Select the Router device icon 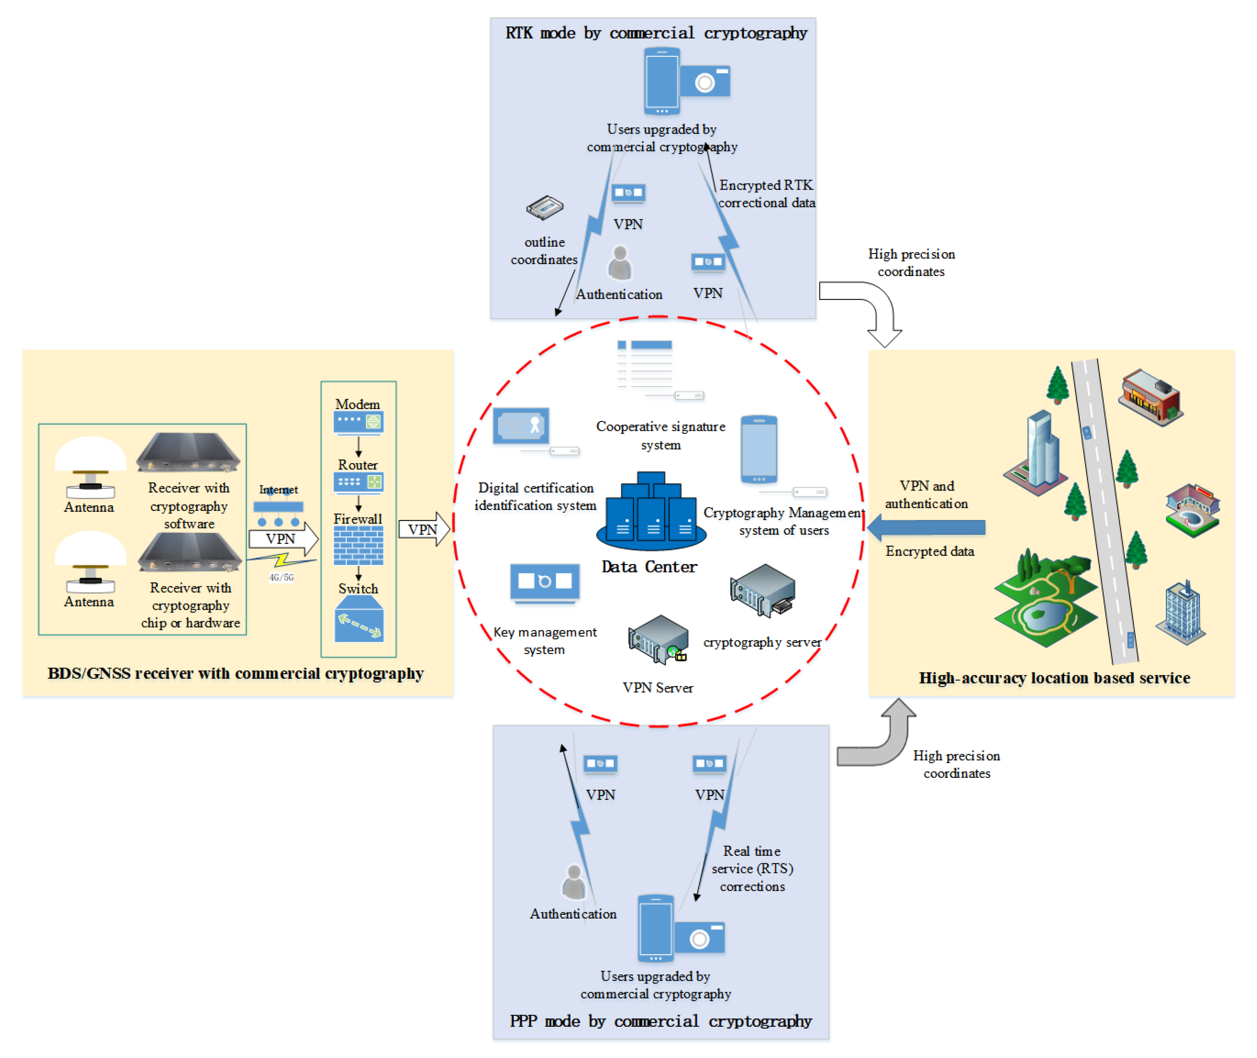pyautogui.click(x=358, y=482)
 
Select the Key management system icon pyautogui.click(x=545, y=582)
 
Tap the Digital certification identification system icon pyautogui.click(x=521, y=425)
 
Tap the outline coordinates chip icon pyautogui.click(x=545, y=207)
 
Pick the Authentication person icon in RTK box pyautogui.click(x=620, y=263)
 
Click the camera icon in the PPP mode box pyautogui.click(x=700, y=937)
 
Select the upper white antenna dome pyautogui.click(x=90, y=453)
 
